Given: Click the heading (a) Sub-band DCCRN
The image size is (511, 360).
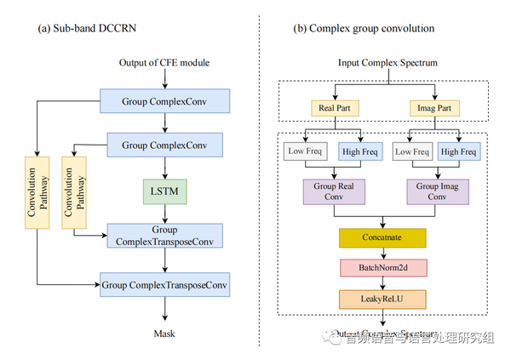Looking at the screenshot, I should coord(88,28).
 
